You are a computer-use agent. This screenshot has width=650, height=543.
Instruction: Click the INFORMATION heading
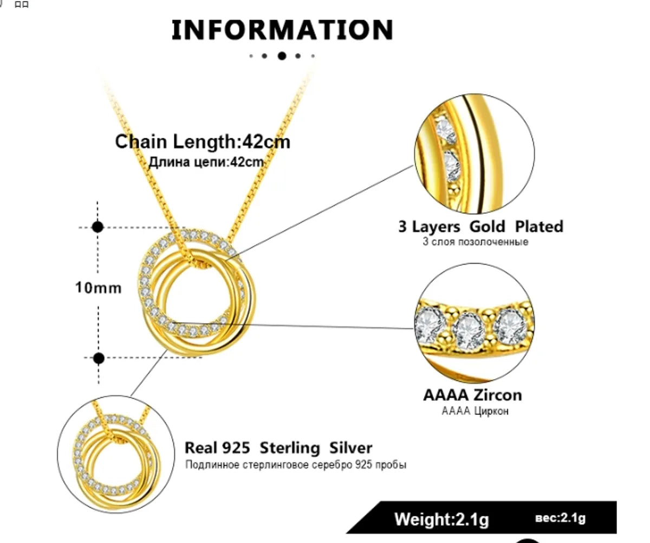(x=282, y=30)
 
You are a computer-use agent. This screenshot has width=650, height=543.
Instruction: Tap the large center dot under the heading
(x=282, y=55)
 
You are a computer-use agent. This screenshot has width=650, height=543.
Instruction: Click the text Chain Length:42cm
(x=203, y=142)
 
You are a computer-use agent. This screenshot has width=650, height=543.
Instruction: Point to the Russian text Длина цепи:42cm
(x=206, y=162)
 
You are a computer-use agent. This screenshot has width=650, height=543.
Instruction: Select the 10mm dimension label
(x=98, y=288)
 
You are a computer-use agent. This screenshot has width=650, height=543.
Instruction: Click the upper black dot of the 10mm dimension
(x=97, y=227)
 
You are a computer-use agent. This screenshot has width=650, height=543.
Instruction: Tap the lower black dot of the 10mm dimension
(x=99, y=358)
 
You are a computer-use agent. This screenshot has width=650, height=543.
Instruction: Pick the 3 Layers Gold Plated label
(x=480, y=226)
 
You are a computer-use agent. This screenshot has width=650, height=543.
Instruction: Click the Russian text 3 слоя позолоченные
(x=475, y=242)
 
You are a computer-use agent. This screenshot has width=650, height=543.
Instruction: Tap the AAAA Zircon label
(x=472, y=394)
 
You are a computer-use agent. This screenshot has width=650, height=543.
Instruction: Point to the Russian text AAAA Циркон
(x=475, y=411)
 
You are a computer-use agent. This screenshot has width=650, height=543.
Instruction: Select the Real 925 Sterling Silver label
(x=278, y=448)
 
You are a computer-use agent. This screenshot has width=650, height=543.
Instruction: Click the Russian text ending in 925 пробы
(x=296, y=465)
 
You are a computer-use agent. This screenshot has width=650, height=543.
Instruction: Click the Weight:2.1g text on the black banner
(x=441, y=520)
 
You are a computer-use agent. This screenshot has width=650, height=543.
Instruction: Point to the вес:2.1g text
(x=560, y=519)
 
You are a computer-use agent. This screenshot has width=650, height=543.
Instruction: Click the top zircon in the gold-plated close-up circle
(x=447, y=129)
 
